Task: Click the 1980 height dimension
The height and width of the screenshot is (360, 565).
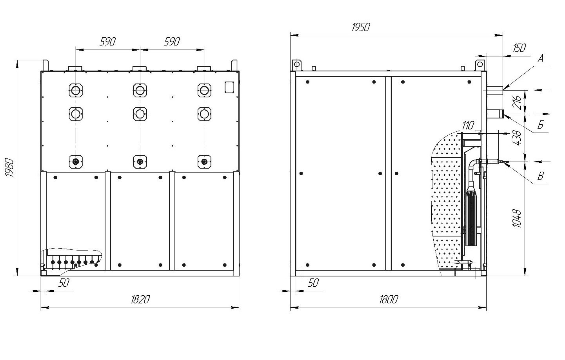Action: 9,168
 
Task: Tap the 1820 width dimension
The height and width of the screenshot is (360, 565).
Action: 140,300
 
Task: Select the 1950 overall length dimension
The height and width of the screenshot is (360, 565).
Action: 361,27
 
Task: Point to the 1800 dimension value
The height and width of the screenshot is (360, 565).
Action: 389,300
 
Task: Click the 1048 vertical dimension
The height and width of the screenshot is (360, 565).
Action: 517,218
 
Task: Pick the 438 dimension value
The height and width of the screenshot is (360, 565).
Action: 517,138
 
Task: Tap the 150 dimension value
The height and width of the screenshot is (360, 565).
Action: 520,48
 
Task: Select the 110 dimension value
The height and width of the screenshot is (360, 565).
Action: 468,125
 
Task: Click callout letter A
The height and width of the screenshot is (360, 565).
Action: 541,58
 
